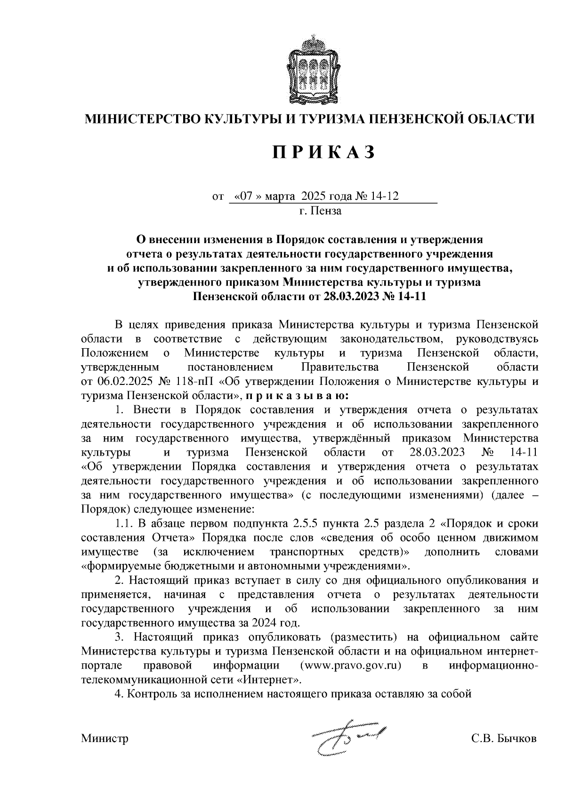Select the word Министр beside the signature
pyautogui.click(x=105, y=738)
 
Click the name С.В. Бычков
pyautogui.click(x=504, y=738)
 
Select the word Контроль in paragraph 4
pyautogui.click(x=152, y=694)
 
